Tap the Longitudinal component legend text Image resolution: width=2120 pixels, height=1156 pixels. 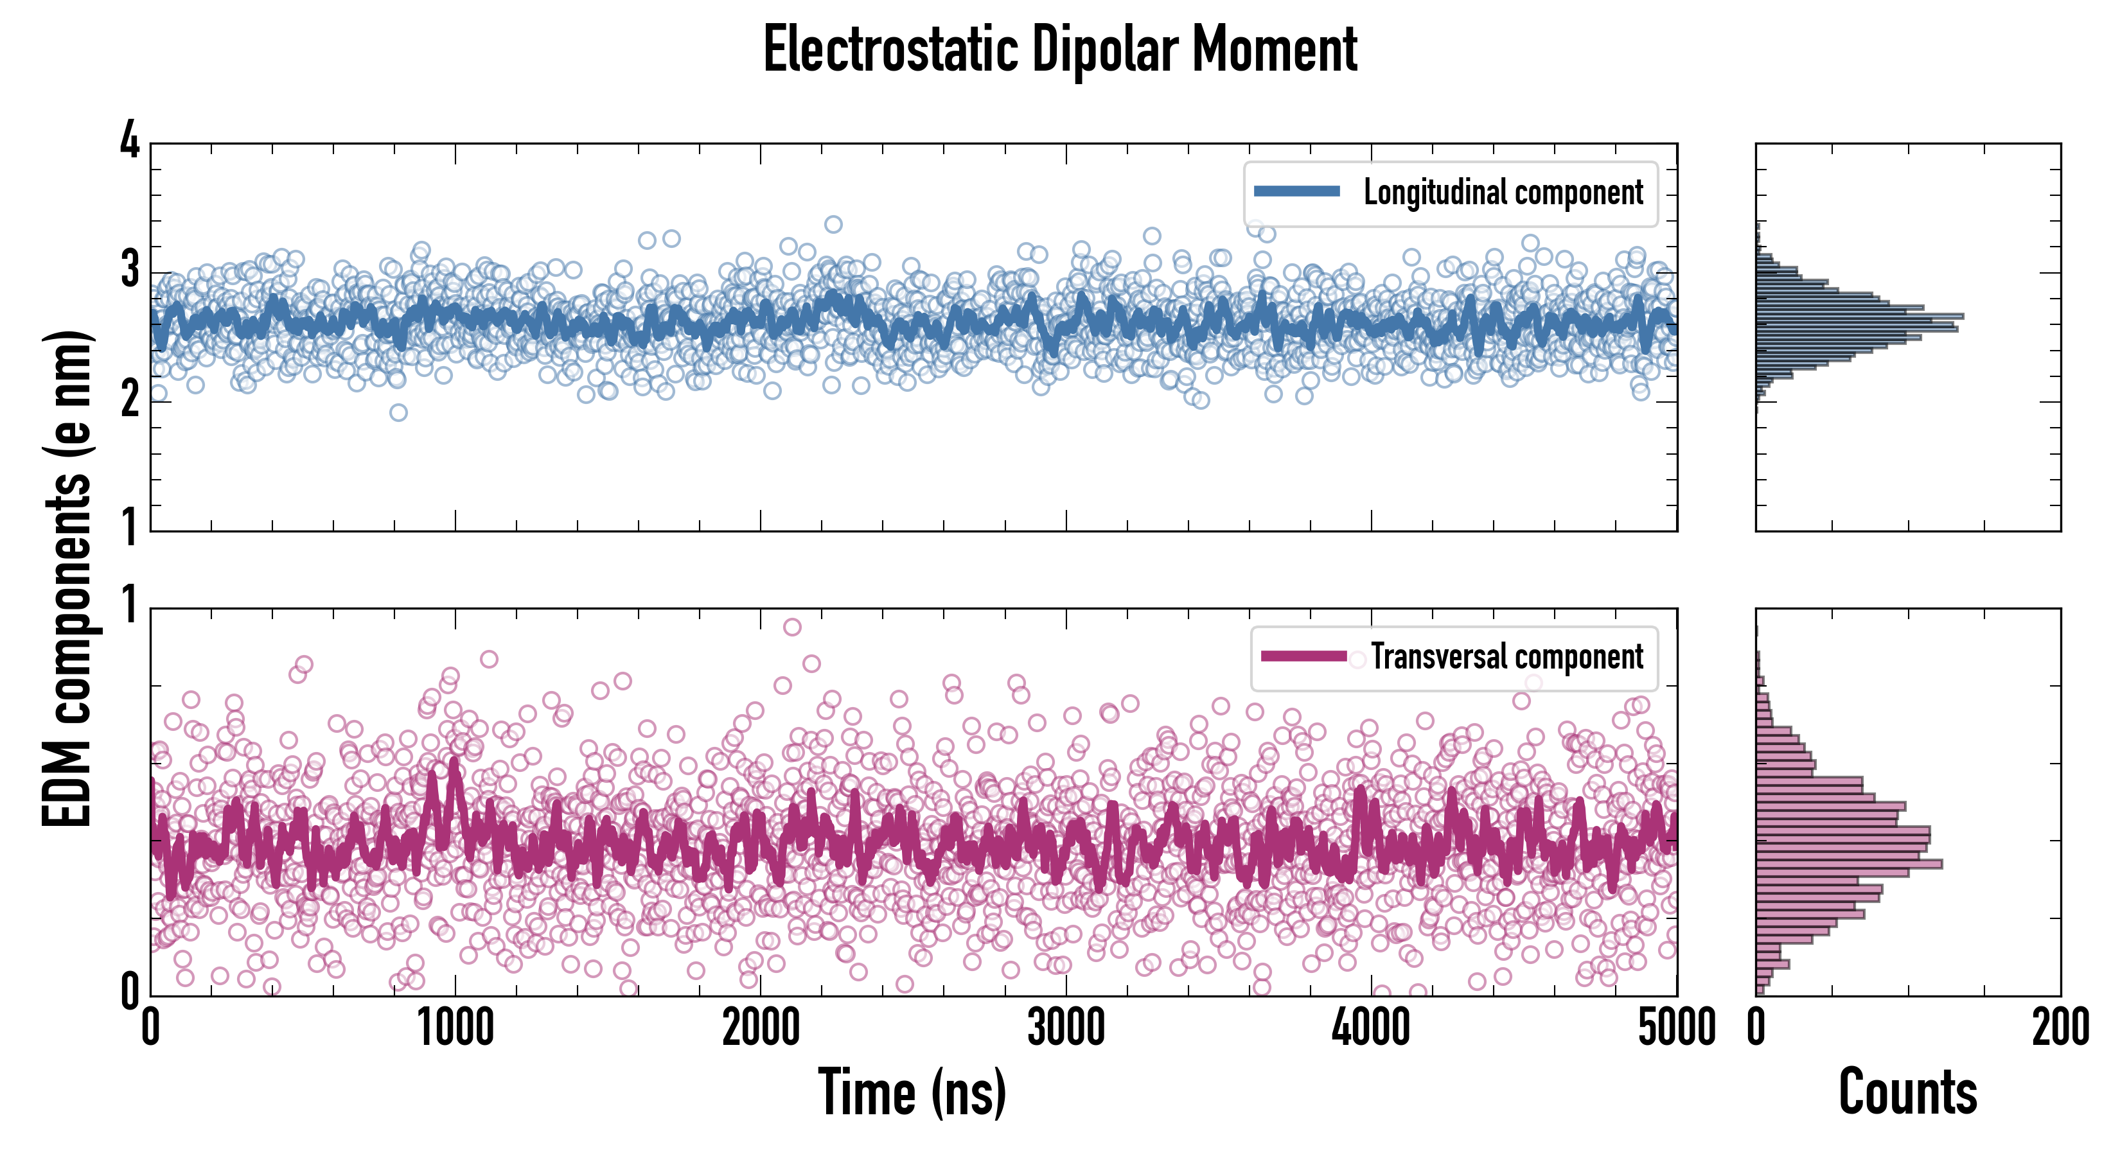[1503, 193]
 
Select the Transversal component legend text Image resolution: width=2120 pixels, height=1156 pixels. [1507, 656]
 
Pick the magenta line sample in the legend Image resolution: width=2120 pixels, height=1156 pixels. [1303, 656]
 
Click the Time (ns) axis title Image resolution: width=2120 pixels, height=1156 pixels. [912, 1092]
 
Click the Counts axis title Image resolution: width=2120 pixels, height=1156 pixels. [1907, 1092]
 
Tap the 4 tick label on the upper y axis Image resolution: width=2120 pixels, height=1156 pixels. [130, 141]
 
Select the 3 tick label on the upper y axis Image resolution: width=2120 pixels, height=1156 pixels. [130, 270]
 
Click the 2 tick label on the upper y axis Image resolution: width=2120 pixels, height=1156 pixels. [130, 400]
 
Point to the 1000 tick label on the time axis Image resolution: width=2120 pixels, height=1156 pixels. [455, 1028]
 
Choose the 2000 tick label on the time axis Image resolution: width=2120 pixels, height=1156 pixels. [761, 1028]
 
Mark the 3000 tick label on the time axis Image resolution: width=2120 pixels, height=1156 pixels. [1066, 1028]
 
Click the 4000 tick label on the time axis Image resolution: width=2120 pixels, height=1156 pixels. [1371, 1028]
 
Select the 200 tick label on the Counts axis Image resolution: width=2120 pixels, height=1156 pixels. [2060, 1028]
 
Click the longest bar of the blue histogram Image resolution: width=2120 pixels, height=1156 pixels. [1860, 316]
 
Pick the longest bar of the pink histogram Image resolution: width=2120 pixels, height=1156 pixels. [1850, 864]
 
